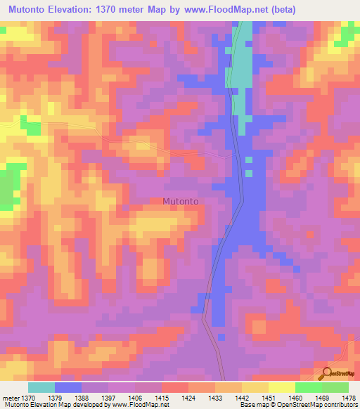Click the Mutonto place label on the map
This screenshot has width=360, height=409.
[x=181, y=201]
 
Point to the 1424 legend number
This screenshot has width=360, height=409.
[x=189, y=397]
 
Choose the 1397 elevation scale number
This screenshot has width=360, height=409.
[x=109, y=397]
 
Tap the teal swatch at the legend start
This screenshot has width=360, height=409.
[x=41, y=387]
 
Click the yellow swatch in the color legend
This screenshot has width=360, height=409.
[x=281, y=387]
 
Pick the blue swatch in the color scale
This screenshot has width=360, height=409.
[x=68, y=387]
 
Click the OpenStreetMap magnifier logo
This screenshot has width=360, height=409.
[x=328, y=372]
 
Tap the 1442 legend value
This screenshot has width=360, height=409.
[x=243, y=397]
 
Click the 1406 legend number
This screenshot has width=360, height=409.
[x=136, y=397]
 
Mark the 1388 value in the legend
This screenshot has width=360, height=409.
[x=82, y=397]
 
